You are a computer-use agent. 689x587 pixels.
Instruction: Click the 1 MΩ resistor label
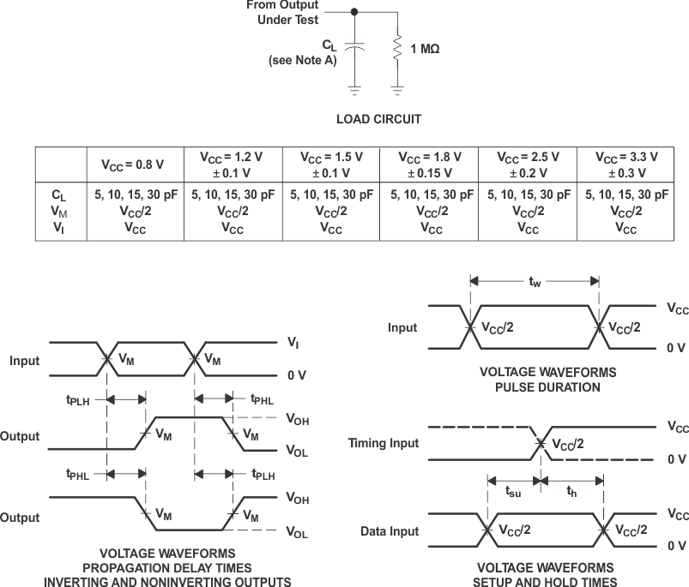tap(425, 49)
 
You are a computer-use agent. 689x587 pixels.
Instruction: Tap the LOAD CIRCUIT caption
tap(378, 119)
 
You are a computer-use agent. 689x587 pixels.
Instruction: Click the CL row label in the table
tap(58, 195)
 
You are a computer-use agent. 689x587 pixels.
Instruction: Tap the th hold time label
tap(571, 493)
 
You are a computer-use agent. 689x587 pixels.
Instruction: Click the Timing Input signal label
tap(384, 443)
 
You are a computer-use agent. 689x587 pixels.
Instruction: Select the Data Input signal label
tap(390, 531)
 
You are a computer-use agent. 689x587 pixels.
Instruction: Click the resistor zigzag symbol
tap(397, 48)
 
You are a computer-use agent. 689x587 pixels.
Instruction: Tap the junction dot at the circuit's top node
tap(355, 12)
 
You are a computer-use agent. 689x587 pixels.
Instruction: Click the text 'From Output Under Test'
tap(282, 12)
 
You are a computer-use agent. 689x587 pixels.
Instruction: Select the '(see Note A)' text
tap(302, 60)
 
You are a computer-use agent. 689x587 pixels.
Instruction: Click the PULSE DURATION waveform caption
tap(547, 380)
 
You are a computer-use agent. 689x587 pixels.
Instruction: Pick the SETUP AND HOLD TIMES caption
tap(546, 575)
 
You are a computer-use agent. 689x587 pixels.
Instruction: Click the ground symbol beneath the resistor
tap(397, 87)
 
